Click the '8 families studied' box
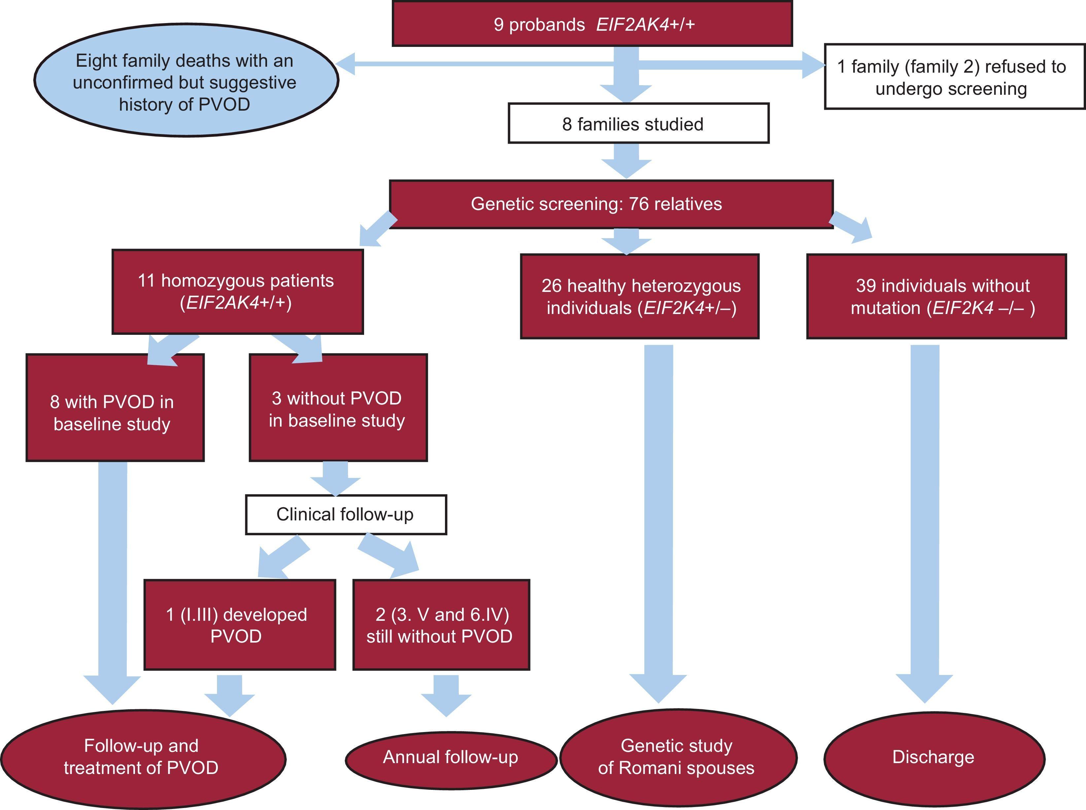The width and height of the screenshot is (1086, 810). [x=638, y=123]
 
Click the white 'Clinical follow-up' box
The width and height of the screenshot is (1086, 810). [x=346, y=514]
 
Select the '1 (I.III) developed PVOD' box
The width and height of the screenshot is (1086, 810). [x=239, y=625]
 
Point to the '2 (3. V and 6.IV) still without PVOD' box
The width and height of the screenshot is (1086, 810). [x=441, y=625]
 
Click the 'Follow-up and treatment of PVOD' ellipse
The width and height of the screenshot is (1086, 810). [x=142, y=757]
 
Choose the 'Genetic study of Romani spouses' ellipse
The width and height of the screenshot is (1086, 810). [x=677, y=757]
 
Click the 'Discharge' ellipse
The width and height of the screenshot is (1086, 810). [x=933, y=757]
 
